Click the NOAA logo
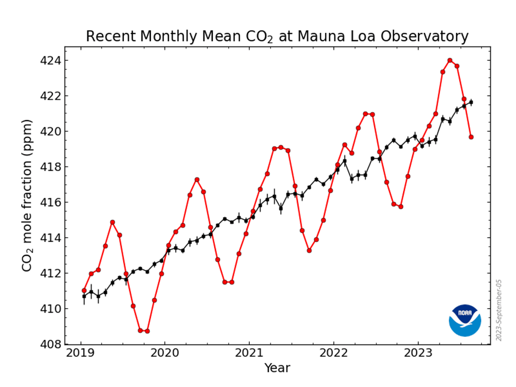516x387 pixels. click(465, 320)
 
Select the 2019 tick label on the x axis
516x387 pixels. click(80, 353)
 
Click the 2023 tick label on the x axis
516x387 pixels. click(419, 353)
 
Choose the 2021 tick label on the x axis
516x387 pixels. click(249, 353)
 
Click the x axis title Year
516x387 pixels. click(277, 367)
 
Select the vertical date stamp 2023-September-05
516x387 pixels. click(498, 310)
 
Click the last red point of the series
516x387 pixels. click(471, 137)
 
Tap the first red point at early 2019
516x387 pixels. click(84, 290)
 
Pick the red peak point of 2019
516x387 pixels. click(112, 222)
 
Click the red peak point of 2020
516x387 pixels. click(197, 179)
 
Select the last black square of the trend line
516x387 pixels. click(471, 102)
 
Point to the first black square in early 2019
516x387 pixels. click(84, 296)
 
